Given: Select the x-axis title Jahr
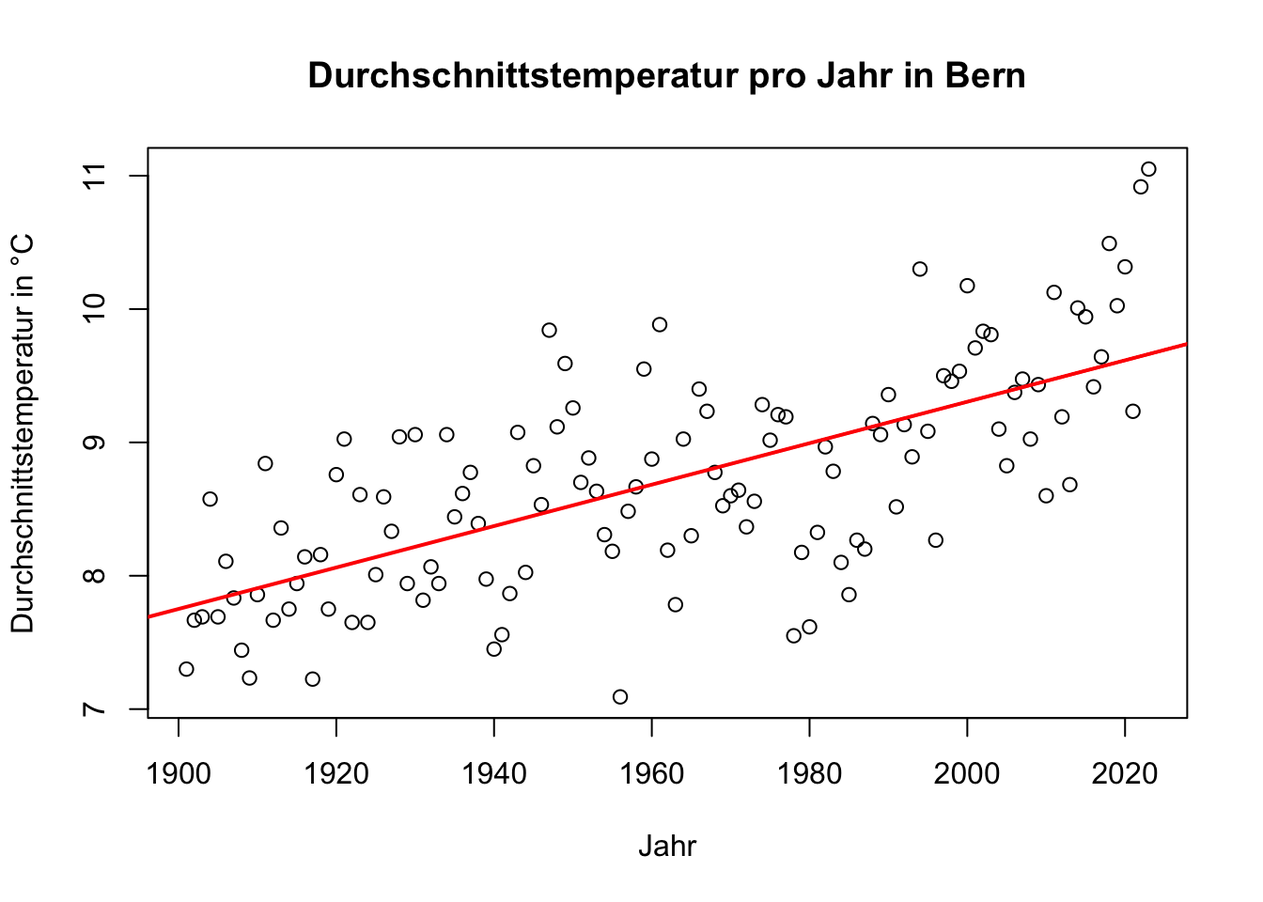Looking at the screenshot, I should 667,846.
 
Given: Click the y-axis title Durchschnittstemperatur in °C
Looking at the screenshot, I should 23,433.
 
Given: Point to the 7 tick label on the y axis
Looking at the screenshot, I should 94,708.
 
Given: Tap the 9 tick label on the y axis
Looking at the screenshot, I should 94,443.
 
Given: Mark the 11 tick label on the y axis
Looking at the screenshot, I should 94,176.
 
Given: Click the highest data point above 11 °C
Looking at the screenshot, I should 1148,169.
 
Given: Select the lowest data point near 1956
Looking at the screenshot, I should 620,696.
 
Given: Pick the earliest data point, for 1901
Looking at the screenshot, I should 186,669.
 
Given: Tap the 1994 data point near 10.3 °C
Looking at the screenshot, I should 920,269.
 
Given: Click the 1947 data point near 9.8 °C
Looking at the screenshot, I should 549,330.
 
